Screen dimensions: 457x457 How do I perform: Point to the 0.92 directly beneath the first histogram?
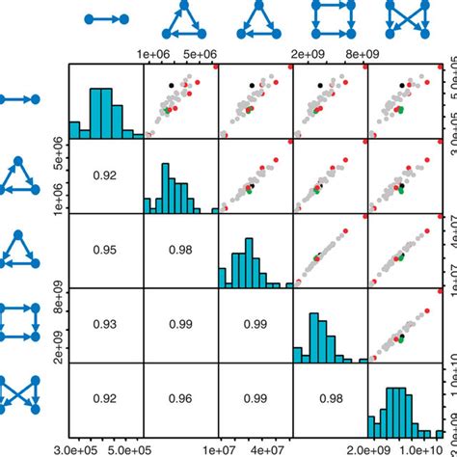(106, 176)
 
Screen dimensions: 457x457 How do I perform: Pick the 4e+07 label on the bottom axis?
(274, 449)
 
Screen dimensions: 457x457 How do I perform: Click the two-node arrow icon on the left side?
(19, 99)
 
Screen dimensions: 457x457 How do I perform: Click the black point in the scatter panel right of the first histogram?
(171, 86)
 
